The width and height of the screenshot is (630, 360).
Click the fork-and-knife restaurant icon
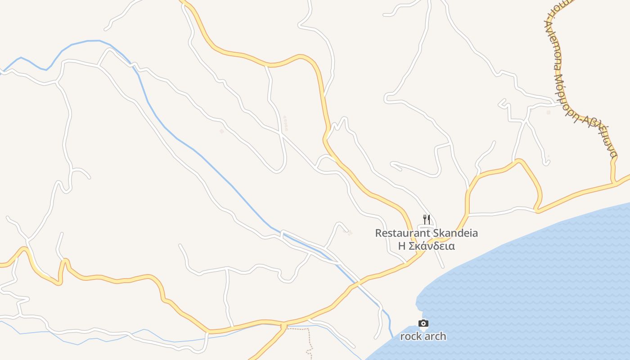(x=426, y=220)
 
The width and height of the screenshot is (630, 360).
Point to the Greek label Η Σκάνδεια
(x=426, y=246)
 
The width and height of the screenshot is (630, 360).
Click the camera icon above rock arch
(x=423, y=323)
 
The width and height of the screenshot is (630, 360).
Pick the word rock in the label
(x=410, y=336)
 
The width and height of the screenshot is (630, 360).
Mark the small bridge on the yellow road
(x=283, y=325)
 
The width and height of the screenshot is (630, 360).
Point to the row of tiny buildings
(x=285, y=123)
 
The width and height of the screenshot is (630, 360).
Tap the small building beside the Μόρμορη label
(x=548, y=112)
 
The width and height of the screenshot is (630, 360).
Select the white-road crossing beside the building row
(x=281, y=133)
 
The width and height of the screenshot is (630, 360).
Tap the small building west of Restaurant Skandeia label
(x=350, y=233)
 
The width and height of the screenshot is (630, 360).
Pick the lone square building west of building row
(x=221, y=131)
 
